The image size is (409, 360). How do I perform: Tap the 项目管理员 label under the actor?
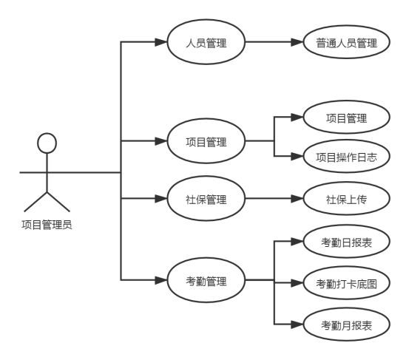(x=47, y=225)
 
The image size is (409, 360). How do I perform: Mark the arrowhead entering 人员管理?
(x=161, y=41)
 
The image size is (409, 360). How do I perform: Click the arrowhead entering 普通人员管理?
(x=297, y=41)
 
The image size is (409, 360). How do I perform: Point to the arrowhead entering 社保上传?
(x=297, y=198)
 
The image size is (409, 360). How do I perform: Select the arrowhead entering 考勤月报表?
(x=297, y=325)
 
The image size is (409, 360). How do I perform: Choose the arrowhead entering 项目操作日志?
(x=297, y=156)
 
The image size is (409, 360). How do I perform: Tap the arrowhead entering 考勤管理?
(x=161, y=280)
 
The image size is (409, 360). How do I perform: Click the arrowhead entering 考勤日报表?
(x=297, y=242)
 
